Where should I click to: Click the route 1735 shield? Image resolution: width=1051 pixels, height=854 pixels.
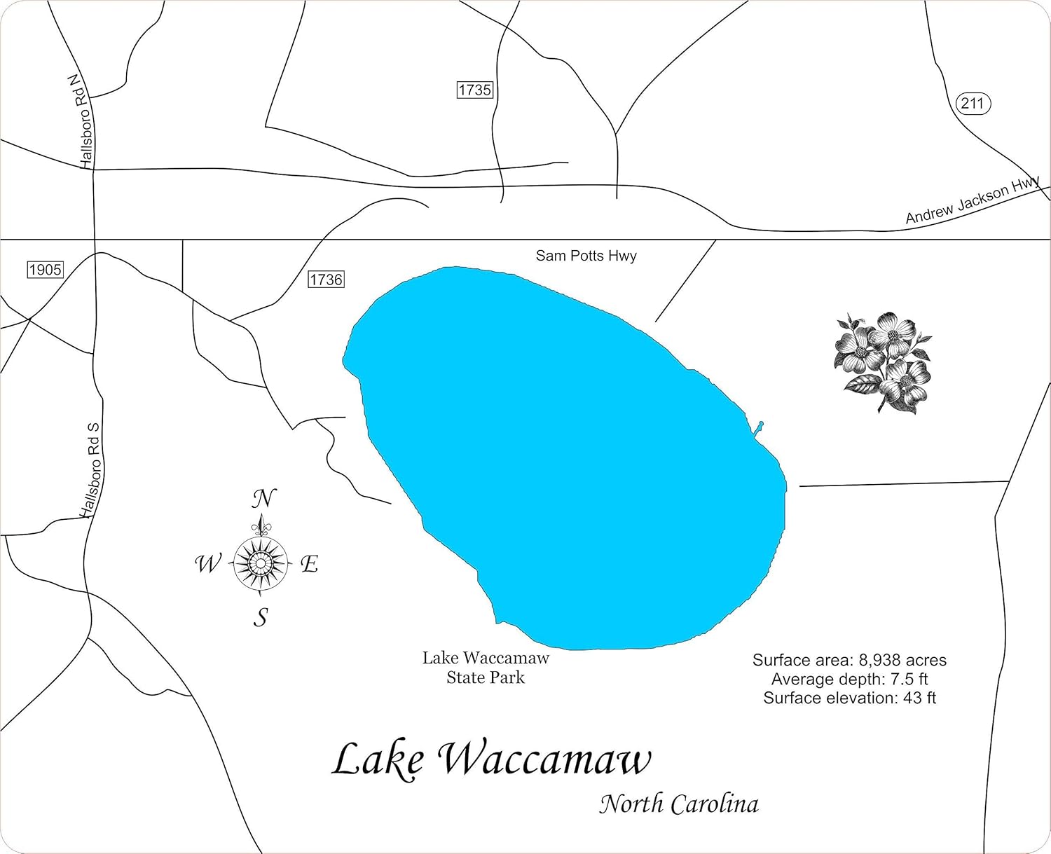pyautogui.click(x=474, y=90)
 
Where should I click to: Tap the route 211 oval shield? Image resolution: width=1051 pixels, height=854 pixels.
pyautogui.click(x=973, y=104)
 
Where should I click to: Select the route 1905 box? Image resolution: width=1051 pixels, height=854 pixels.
pyautogui.click(x=46, y=270)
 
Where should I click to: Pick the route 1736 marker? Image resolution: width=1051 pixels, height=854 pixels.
pyautogui.click(x=326, y=280)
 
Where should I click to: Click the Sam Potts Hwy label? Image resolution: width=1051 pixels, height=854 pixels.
pyautogui.click(x=586, y=256)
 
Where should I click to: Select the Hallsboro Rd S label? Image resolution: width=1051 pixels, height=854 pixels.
pyautogui.click(x=91, y=470)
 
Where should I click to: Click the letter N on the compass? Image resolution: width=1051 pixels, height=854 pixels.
pyautogui.click(x=263, y=499)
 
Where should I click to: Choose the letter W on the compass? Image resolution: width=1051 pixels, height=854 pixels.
pyautogui.click(x=207, y=563)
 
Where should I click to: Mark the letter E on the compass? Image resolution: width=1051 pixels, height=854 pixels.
pyautogui.click(x=310, y=563)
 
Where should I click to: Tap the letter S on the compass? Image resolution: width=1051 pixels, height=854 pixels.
pyautogui.click(x=261, y=617)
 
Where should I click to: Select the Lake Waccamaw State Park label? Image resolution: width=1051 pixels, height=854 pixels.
pyautogui.click(x=486, y=668)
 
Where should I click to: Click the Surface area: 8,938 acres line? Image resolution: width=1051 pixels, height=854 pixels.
pyautogui.click(x=849, y=660)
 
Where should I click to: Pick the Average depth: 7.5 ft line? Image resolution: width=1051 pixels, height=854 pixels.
pyautogui.click(x=849, y=679)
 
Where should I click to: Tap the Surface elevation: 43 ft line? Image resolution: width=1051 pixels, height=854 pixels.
pyautogui.click(x=849, y=698)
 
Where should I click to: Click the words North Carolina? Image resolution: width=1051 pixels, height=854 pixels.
pyautogui.click(x=678, y=804)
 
